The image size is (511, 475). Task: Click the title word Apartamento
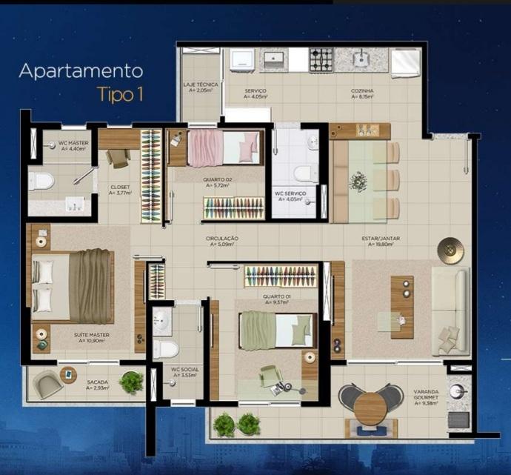click(x=81, y=72)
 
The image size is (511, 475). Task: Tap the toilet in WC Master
click(x=42, y=180)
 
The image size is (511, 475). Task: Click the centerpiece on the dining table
click(x=358, y=180)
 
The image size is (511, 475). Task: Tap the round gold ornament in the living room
click(x=448, y=250)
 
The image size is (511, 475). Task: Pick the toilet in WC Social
click(x=166, y=348)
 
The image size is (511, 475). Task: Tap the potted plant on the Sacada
click(x=131, y=382)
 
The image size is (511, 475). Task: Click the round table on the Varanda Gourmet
click(x=368, y=406)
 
